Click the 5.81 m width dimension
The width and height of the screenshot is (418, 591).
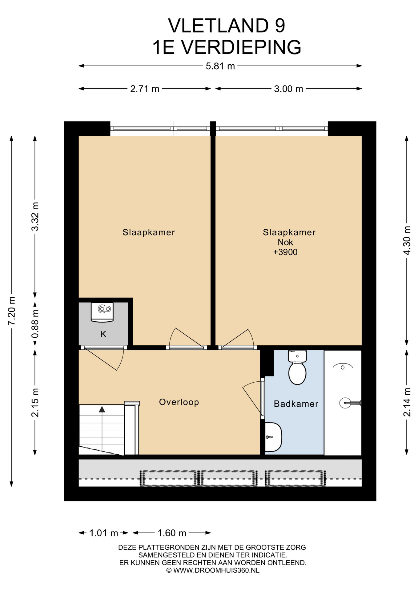pyautogui.click(x=220, y=66)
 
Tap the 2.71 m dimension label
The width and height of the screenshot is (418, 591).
pyautogui.click(x=145, y=89)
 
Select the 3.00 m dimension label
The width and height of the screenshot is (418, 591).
pyautogui.click(x=288, y=89)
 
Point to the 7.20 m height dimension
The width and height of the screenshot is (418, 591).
pyautogui.click(x=12, y=311)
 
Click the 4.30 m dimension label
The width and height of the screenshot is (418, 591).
pyautogui.click(x=407, y=240)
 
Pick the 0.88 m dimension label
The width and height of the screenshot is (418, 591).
pyautogui.click(x=35, y=324)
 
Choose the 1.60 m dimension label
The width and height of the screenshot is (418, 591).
pyautogui.click(x=172, y=533)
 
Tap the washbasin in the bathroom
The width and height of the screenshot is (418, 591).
pyautogui.click(x=273, y=437)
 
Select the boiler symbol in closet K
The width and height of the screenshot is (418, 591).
pyautogui.click(x=102, y=312)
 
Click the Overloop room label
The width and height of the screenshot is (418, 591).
pyautogui.click(x=179, y=402)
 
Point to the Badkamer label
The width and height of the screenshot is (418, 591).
pyautogui.click(x=296, y=404)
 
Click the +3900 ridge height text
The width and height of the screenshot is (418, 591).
pyautogui.click(x=285, y=252)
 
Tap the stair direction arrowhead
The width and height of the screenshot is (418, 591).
pyautogui.click(x=102, y=409)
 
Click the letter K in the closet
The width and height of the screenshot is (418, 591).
pyautogui.click(x=103, y=334)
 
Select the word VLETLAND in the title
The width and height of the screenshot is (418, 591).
pyautogui.click(x=218, y=26)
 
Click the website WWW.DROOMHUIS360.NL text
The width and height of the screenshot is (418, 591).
pyautogui.click(x=216, y=570)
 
